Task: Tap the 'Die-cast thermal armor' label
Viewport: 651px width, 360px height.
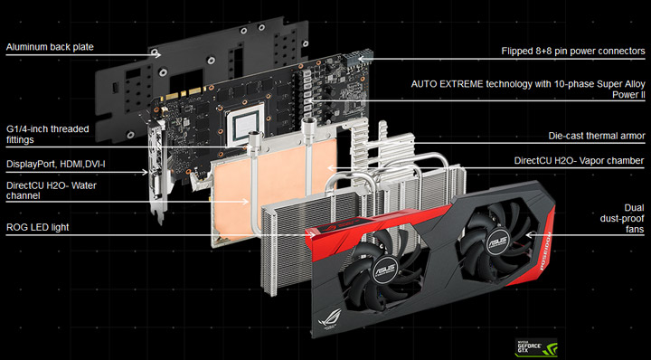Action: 597,136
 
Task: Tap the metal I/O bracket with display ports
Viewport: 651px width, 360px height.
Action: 156,176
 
